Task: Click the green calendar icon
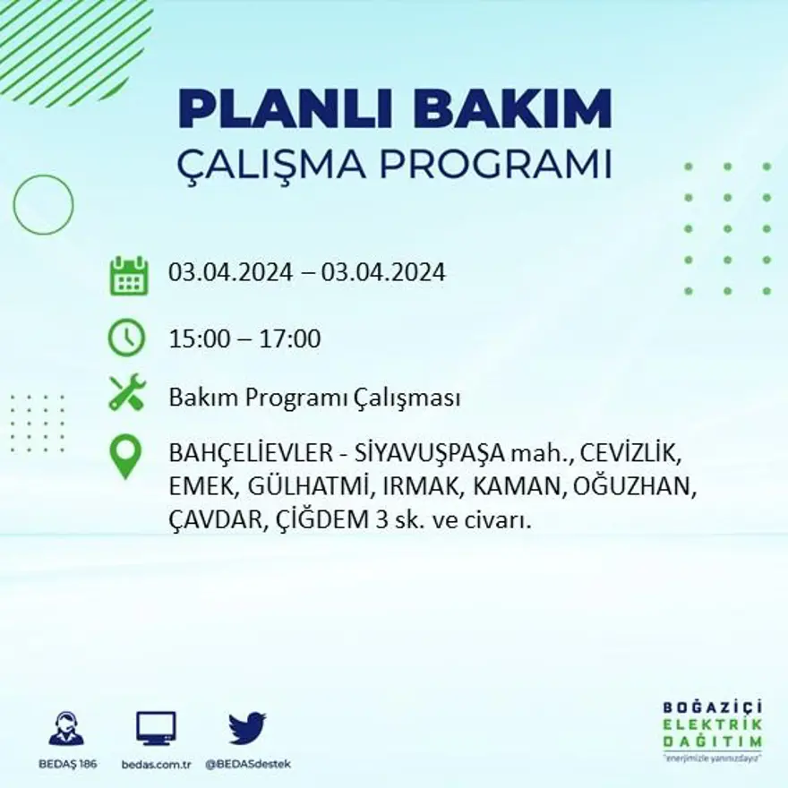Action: pyautogui.click(x=128, y=276)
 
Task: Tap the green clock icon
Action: pyautogui.click(x=126, y=338)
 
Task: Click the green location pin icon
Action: pyautogui.click(x=125, y=456)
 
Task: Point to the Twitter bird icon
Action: pyautogui.click(x=247, y=728)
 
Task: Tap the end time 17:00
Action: pyautogui.click(x=290, y=339)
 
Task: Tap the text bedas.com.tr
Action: pyautogui.click(x=156, y=764)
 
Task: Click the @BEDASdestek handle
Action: pyautogui.click(x=248, y=764)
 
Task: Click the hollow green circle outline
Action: pyautogui.click(x=43, y=205)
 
